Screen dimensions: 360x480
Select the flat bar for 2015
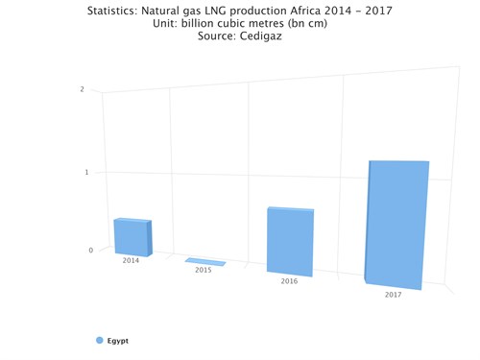click(205, 261)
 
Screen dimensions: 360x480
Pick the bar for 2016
click(290, 242)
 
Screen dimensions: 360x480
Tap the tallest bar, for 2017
click(396, 224)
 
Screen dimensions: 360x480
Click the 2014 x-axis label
click(131, 260)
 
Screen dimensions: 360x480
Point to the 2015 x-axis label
click(204, 271)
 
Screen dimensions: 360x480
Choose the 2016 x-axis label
click(289, 281)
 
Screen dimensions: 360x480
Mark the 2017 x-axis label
click(393, 295)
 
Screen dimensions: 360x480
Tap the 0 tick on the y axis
click(91, 251)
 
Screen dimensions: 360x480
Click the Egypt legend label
click(118, 341)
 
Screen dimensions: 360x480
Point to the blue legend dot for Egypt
click(99, 341)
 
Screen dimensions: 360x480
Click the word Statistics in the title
click(115, 11)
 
